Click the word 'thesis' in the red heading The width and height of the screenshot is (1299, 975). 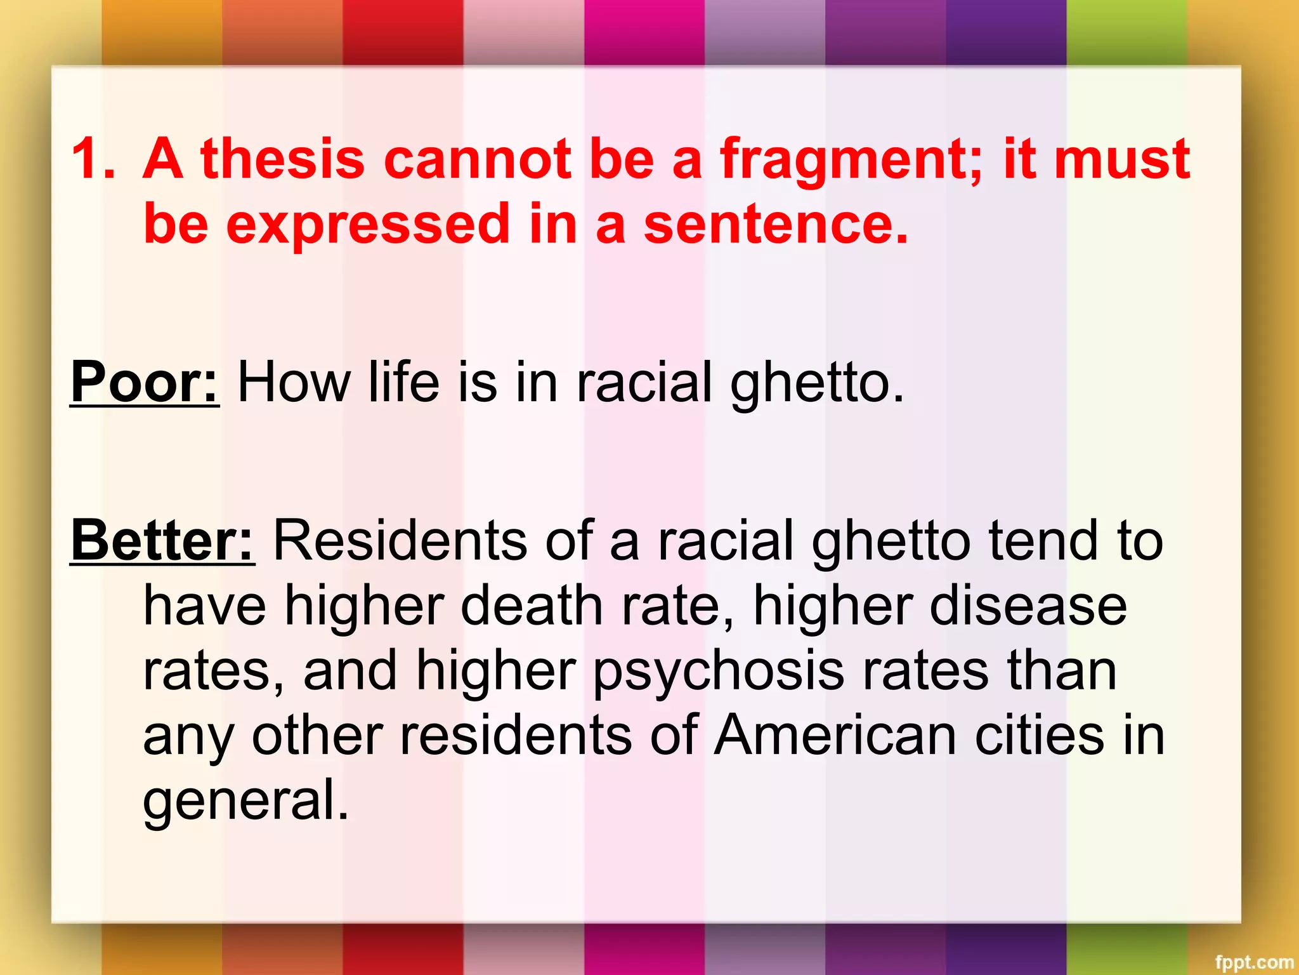(283, 159)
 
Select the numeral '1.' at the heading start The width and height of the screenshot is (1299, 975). (93, 159)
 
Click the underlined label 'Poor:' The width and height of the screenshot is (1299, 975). (145, 381)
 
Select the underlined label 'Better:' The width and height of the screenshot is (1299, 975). (163, 540)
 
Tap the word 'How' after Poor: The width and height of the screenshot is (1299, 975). (294, 381)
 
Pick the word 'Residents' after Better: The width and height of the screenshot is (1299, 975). (400, 540)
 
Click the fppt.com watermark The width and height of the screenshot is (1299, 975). (1254, 962)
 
